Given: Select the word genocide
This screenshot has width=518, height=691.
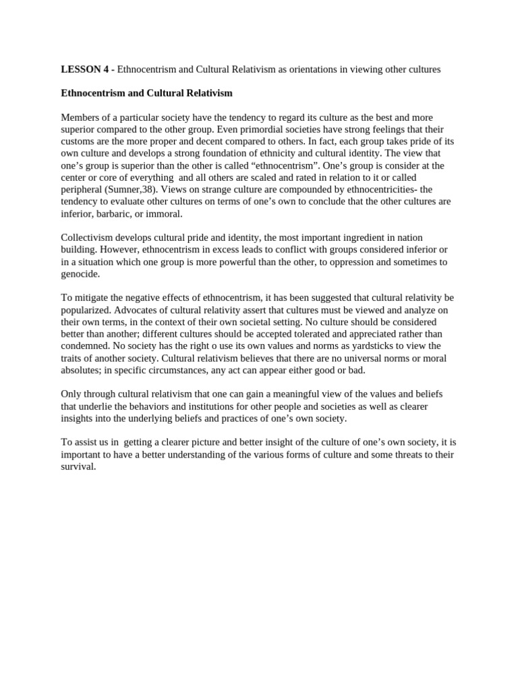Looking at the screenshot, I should pos(80,274).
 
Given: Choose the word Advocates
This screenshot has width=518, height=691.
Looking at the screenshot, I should pos(138,310).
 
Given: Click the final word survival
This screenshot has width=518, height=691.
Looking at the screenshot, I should pos(78,466).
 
